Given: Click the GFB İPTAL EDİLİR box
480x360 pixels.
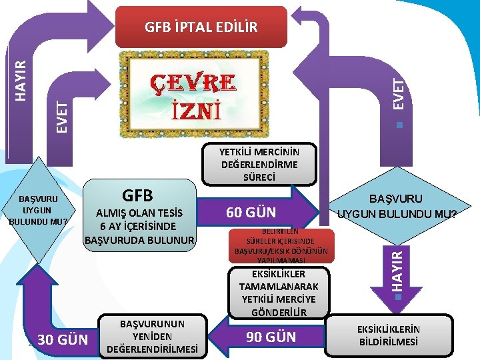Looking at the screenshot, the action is pyautogui.click(x=201, y=27).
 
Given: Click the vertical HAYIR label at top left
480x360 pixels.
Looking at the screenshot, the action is pyautogui.click(x=22, y=81).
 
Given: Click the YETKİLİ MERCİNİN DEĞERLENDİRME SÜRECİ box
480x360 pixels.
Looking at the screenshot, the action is pyautogui.click(x=259, y=164).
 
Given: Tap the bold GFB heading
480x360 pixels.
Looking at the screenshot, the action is pyautogui.click(x=137, y=195).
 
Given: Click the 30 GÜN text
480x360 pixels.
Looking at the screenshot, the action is pyautogui.click(x=63, y=340).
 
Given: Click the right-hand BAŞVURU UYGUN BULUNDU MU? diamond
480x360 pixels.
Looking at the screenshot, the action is pyautogui.click(x=397, y=207).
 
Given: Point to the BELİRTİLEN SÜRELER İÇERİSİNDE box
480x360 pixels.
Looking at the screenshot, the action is pyautogui.click(x=279, y=243).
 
